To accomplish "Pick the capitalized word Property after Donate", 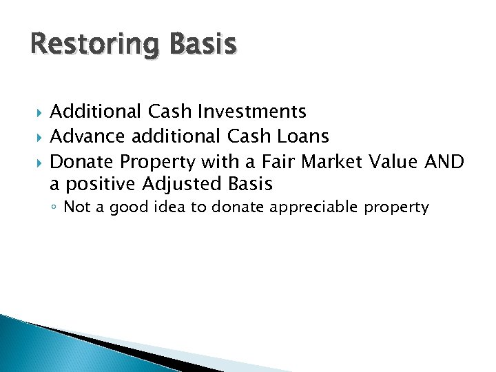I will click(158, 162).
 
